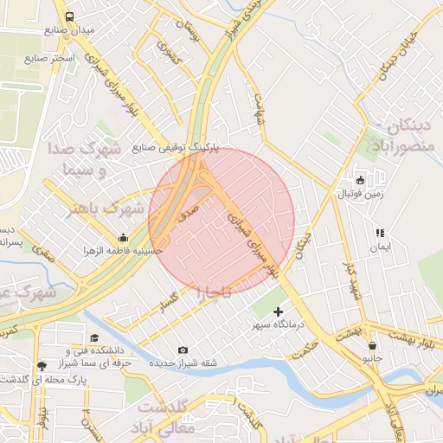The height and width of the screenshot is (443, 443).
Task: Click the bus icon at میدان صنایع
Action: click(69, 16)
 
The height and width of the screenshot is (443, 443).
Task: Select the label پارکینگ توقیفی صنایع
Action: click(176, 148)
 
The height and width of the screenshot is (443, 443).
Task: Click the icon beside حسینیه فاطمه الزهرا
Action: click(122, 237)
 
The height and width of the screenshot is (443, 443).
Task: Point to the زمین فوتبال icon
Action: click(361, 180)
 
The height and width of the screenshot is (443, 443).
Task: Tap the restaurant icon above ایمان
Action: click(379, 233)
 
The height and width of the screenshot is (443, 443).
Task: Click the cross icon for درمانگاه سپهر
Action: click(278, 311)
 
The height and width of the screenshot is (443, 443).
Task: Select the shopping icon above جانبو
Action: click(372, 344)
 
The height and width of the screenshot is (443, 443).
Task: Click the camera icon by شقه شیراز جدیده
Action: click(183, 350)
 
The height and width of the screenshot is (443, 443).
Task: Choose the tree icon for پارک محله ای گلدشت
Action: click(42, 367)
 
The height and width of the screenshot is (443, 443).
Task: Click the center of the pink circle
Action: click(221, 221)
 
